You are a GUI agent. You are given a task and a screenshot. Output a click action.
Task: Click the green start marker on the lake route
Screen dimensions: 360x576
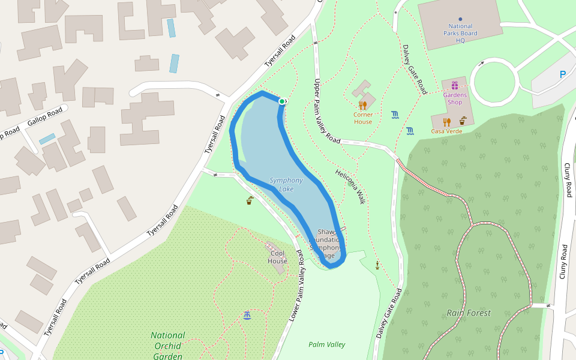click(281, 101)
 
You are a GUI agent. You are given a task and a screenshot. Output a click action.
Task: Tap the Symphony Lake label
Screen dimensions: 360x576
click(286, 184)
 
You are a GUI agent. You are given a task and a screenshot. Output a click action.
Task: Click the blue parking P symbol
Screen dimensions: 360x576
click(562, 74)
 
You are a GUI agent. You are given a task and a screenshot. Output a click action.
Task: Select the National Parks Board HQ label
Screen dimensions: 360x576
click(460, 34)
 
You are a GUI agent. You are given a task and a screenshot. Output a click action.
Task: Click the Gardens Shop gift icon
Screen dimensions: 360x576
click(454, 85)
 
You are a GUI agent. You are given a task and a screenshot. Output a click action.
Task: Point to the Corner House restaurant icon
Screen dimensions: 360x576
click(362, 105)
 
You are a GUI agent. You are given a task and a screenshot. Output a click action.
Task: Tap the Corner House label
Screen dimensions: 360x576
click(362, 118)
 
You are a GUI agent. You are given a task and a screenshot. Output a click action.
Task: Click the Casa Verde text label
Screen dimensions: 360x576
click(446, 131)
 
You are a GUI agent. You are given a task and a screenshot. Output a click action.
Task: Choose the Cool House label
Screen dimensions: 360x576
click(278, 257)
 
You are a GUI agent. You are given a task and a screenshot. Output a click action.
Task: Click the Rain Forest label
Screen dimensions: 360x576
click(469, 313)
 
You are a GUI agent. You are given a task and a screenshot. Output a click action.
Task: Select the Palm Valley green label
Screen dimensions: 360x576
click(327, 344)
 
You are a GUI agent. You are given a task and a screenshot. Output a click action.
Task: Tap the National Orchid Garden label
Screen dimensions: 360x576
click(167, 346)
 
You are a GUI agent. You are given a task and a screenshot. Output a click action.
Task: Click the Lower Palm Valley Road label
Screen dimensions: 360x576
click(298, 287)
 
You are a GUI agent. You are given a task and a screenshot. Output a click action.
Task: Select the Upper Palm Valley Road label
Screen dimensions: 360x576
click(326, 111)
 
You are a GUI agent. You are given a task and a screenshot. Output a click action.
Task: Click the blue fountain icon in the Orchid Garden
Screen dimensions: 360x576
click(247, 315)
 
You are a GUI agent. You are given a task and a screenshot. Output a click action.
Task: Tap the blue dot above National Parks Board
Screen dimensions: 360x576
click(460, 19)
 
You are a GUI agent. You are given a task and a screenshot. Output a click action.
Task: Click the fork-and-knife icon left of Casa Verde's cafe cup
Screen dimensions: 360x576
click(446, 122)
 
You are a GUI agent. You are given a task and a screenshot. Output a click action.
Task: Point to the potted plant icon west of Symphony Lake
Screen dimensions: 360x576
click(249, 200)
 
